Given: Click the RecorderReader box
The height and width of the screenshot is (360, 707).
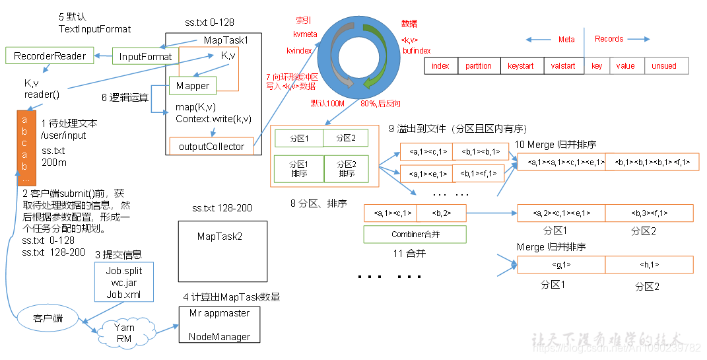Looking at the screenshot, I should click(x=50, y=56).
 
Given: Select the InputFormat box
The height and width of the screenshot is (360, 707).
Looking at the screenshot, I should click(x=145, y=57).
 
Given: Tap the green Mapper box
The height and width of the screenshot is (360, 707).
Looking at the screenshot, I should click(x=193, y=86).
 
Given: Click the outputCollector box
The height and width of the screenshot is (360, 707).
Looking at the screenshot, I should click(x=211, y=147).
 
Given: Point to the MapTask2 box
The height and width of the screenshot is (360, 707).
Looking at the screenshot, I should click(x=222, y=242).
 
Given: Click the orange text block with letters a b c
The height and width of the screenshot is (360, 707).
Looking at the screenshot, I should click(x=24, y=149).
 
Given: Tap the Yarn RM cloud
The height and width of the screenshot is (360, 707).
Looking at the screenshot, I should click(x=124, y=332).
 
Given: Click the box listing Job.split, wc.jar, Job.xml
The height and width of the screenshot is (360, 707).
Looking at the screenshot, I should click(x=124, y=283).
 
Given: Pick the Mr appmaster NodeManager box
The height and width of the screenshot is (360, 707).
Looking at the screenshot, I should click(x=219, y=325).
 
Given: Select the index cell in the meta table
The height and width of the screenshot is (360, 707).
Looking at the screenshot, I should click(x=440, y=66).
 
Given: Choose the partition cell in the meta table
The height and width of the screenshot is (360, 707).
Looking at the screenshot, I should click(x=478, y=66).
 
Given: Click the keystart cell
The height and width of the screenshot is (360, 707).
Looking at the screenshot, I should click(x=521, y=66).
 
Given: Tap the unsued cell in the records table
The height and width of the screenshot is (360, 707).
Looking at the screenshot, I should click(x=663, y=66).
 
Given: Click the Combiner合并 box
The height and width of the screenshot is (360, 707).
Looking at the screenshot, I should click(x=415, y=234).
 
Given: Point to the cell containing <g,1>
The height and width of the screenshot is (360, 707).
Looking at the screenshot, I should click(x=561, y=265).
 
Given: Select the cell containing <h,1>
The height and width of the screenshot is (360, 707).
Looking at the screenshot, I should click(x=649, y=265).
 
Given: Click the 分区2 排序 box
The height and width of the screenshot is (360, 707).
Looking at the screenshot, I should click(x=347, y=168).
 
